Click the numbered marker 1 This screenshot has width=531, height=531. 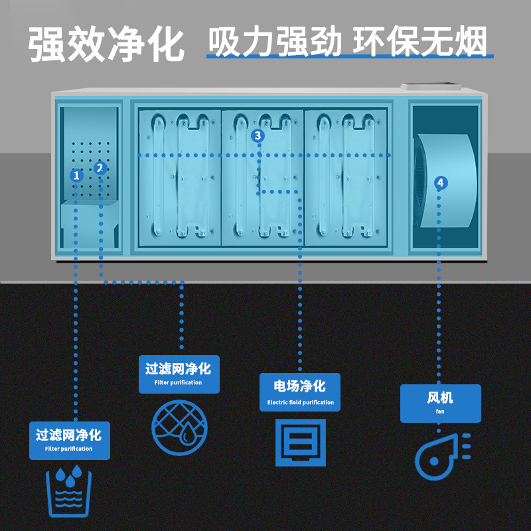(76, 175)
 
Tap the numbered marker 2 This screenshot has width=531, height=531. (100, 168)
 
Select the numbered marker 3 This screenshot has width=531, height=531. (258, 135)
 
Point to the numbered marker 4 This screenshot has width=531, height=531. (441, 183)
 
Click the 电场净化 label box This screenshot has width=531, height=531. (300, 392)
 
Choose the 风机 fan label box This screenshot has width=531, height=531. (441, 404)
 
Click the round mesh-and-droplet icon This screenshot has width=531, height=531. (179, 427)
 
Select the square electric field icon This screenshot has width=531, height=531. (301, 443)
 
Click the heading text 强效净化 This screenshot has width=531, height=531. (106, 44)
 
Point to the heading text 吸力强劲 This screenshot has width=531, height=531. (275, 41)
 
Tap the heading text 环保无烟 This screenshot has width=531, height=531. (420, 41)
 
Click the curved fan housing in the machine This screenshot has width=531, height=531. (446, 181)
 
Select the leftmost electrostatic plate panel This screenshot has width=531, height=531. (180, 178)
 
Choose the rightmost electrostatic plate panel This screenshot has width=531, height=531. (346, 178)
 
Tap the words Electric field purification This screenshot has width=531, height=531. (301, 402)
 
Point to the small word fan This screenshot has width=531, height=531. (440, 411)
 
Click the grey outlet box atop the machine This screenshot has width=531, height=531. (431, 87)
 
